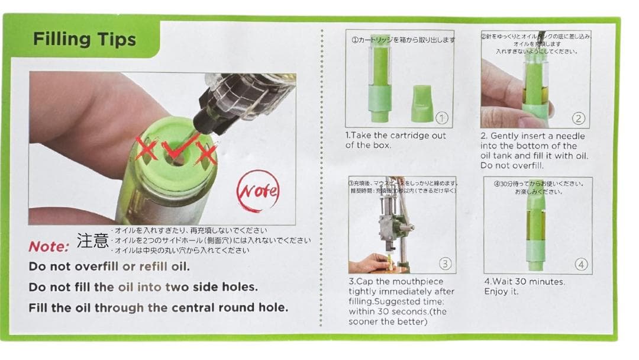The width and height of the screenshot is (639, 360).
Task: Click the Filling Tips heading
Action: click(x=84, y=40)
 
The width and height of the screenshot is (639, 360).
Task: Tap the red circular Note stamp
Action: click(x=258, y=191)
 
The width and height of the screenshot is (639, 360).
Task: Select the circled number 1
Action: click(x=441, y=118)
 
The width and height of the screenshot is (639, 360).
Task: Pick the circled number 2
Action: click(x=578, y=118)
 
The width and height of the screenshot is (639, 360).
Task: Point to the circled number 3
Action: click(x=445, y=263)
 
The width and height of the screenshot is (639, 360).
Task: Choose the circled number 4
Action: click(x=581, y=264)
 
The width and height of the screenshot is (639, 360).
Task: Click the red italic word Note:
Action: click(x=49, y=246)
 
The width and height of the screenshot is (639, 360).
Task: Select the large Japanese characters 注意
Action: click(x=92, y=240)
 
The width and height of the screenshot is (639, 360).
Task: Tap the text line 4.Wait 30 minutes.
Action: click(x=524, y=282)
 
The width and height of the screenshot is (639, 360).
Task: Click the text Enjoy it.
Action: click(x=501, y=292)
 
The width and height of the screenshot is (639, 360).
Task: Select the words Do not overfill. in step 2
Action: click(x=512, y=166)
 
